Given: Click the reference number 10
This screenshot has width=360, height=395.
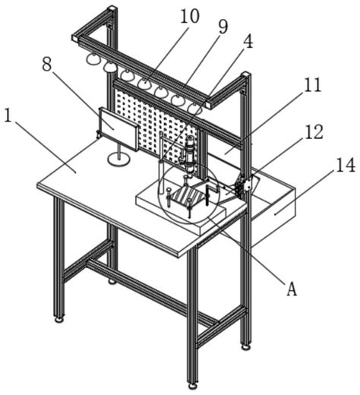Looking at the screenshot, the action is (x=190, y=17).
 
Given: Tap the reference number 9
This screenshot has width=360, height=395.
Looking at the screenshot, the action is (x=223, y=27).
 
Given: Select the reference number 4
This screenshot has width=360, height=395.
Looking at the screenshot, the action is (x=248, y=42).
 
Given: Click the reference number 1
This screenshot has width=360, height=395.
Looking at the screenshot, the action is (x=8, y=116).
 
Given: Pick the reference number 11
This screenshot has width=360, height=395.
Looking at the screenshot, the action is (x=313, y=85).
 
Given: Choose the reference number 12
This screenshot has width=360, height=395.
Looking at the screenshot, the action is (x=314, y=131).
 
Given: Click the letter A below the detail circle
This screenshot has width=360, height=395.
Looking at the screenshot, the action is (x=292, y=289).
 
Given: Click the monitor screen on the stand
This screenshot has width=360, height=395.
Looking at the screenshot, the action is (x=118, y=129).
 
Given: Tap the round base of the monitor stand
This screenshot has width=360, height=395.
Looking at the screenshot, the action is (x=118, y=160).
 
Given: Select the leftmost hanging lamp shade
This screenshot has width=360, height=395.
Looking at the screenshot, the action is (x=93, y=58).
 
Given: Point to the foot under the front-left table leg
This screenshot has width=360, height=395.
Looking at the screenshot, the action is (x=59, y=319).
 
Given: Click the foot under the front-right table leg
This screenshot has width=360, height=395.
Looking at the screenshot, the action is (x=193, y=386).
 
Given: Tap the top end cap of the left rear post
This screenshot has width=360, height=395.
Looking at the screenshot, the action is (x=112, y=10).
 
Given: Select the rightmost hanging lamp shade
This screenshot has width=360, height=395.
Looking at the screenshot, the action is (x=194, y=109).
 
